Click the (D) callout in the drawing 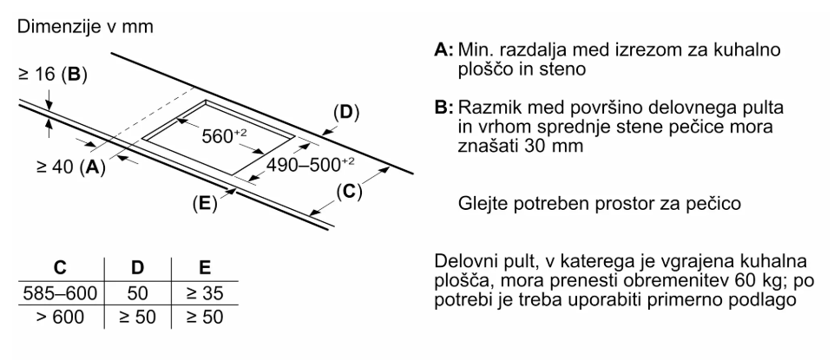pyautogui.click(x=346, y=114)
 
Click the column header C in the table pyautogui.click(x=59, y=269)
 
